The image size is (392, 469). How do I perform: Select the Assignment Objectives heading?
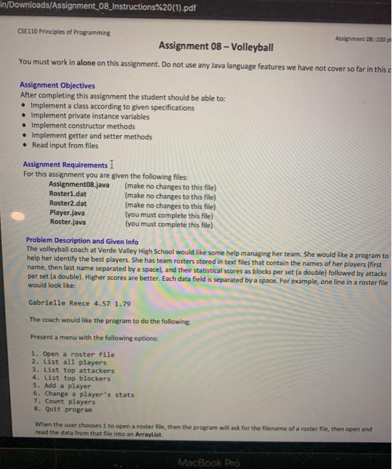pos(58,86)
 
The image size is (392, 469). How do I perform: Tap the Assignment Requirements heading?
pos(64,165)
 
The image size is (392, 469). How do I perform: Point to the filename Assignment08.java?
pos(80,184)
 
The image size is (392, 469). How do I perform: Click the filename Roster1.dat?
pos(68,194)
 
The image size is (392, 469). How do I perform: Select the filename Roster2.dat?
pos(68,203)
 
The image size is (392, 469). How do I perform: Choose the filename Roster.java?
pos(68,221)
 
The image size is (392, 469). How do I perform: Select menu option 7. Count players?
pos(66,402)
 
